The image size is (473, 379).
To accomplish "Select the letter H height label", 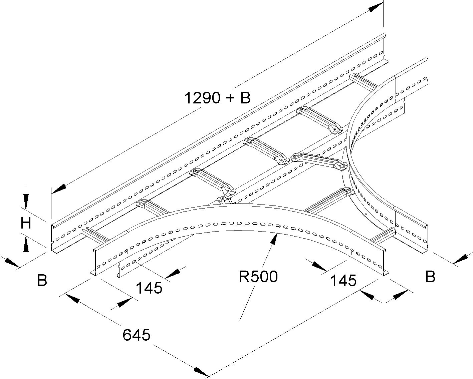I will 26,223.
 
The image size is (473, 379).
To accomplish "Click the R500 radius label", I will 258,277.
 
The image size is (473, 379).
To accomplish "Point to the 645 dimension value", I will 136,335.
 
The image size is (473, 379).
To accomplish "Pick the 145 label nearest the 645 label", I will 149,288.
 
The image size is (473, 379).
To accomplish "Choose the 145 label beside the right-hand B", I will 343,281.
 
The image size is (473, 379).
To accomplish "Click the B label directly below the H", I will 42,280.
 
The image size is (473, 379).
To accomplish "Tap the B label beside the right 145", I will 430,277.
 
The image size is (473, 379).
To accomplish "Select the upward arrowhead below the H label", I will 26,246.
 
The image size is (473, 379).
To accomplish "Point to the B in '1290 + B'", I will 245,98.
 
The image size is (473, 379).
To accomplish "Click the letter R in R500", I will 244,277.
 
